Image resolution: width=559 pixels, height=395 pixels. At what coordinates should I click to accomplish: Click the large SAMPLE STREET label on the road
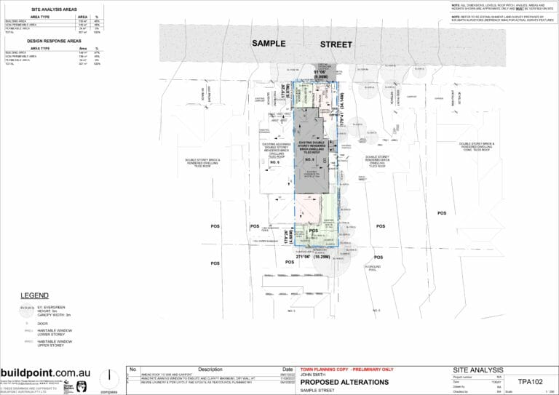click(x=302, y=44)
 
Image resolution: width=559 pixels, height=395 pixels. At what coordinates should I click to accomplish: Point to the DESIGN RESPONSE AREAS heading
click(x=52, y=41)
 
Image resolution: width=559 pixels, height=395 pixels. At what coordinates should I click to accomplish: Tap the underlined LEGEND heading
click(x=35, y=296)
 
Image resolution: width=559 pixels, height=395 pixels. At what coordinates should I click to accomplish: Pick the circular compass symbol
click(x=110, y=377)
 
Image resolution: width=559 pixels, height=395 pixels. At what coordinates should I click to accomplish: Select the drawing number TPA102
click(x=529, y=380)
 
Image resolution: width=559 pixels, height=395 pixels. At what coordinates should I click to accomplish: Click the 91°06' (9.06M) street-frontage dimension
click(x=323, y=74)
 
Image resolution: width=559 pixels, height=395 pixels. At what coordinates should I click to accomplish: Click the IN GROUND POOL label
click(x=373, y=268)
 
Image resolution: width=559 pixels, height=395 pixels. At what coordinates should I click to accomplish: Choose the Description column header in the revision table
click(x=209, y=370)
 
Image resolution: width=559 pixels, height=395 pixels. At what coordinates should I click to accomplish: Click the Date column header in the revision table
click(x=287, y=370)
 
